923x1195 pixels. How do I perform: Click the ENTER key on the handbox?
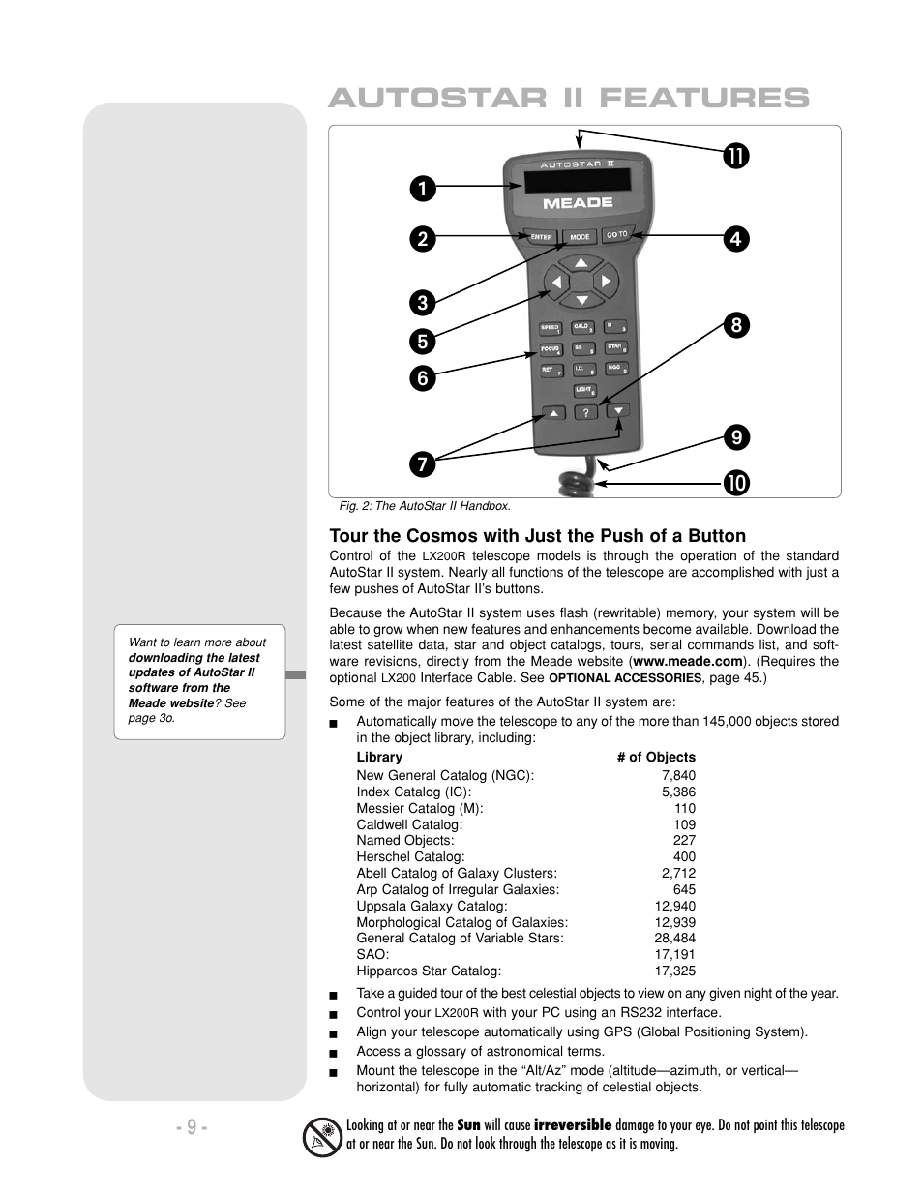point(541,236)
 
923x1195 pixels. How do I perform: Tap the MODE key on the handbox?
point(580,236)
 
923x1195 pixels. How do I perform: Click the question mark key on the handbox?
point(585,412)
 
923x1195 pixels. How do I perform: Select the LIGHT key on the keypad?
point(584,390)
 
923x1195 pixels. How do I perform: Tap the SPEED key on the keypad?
point(551,329)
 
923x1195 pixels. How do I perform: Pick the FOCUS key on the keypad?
point(551,349)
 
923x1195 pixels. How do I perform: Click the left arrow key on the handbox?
point(555,283)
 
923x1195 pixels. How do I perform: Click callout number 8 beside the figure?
point(735,326)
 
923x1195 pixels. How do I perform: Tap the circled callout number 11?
point(735,155)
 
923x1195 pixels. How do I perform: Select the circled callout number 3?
point(422,303)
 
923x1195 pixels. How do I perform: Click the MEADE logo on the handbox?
point(578,203)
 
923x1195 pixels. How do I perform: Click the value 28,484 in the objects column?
point(674,938)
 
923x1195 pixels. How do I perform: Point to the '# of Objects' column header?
point(656,757)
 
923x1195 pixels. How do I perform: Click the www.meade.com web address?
point(688,661)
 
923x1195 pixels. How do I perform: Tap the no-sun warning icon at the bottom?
point(322,1136)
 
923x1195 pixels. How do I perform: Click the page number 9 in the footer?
point(192,1127)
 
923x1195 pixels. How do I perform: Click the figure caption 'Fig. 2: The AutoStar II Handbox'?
point(425,506)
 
